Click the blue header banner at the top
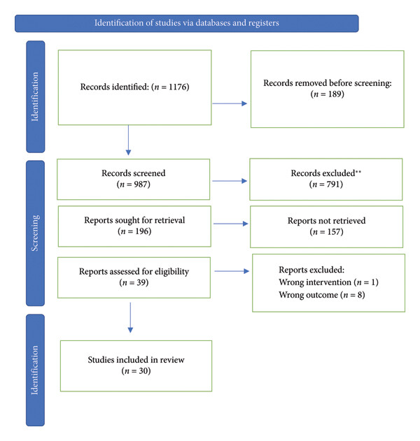186,23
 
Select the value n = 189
328,94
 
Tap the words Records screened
134,173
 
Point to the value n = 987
134,185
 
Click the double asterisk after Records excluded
358,171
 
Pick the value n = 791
326,185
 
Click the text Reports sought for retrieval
134,220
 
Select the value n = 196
134,231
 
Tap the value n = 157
327,232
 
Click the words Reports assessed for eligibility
134,272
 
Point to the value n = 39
134,282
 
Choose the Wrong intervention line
328,282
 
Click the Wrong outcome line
322,295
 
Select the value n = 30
136,370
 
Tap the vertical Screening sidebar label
35,233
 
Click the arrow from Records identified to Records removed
230,103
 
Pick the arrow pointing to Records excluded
230,181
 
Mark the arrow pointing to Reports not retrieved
231,224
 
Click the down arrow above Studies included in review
130,317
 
